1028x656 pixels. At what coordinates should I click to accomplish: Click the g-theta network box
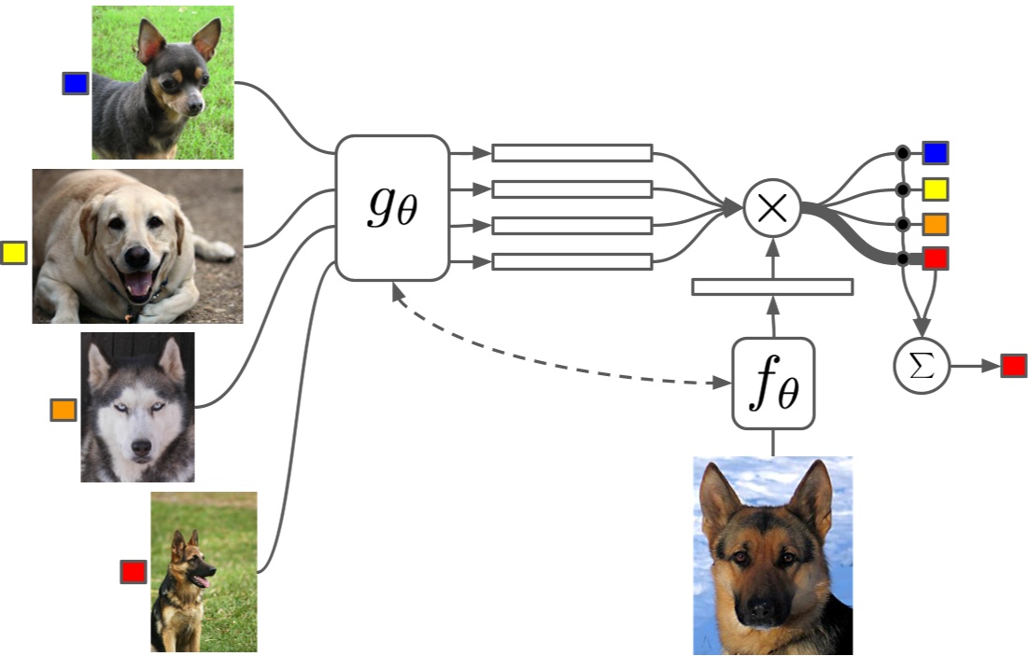pyautogui.click(x=392, y=207)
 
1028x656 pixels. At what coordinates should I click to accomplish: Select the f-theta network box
pyautogui.click(x=773, y=384)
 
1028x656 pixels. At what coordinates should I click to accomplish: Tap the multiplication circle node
pyautogui.click(x=772, y=207)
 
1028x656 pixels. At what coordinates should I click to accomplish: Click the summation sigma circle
pyautogui.click(x=922, y=366)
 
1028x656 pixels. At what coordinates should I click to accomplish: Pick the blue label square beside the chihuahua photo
pyautogui.click(x=76, y=84)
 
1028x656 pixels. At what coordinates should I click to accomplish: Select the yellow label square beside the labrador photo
pyautogui.click(x=14, y=252)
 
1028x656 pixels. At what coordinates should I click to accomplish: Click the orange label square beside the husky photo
pyautogui.click(x=63, y=410)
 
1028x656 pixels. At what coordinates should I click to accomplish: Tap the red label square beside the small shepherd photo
pyautogui.click(x=134, y=571)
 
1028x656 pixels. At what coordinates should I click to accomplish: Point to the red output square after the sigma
pyautogui.click(x=1014, y=366)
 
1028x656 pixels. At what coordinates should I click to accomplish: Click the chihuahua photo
pyautogui.click(x=162, y=82)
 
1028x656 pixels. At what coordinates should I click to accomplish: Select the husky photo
pyautogui.click(x=137, y=407)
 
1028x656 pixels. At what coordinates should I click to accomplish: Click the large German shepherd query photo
pyautogui.click(x=772, y=555)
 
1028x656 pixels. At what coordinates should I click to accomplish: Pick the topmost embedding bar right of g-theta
pyautogui.click(x=571, y=153)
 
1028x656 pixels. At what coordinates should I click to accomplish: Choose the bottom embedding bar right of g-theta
pyautogui.click(x=571, y=261)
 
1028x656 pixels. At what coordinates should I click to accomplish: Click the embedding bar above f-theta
pyautogui.click(x=772, y=286)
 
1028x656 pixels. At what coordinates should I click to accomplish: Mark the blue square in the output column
pyautogui.click(x=935, y=153)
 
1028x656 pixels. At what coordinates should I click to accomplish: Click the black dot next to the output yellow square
pyautogui.click(x=903, y=189)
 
